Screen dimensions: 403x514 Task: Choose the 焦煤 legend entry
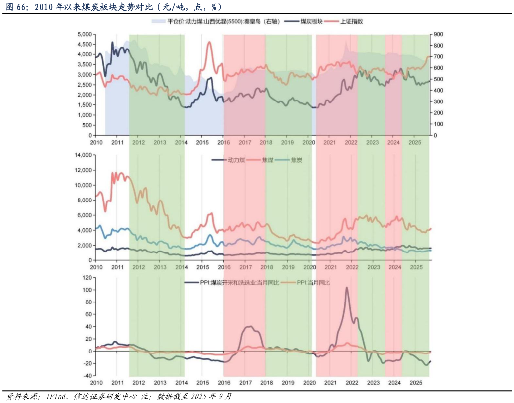coord(268,160)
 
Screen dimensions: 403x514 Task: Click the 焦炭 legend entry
coord(297,160)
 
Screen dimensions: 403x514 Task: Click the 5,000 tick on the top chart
coord(85,34)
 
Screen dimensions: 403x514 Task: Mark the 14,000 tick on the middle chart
coord(83,155)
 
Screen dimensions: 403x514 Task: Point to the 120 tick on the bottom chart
coord(87,277)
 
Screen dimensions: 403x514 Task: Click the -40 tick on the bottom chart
coord(87,376)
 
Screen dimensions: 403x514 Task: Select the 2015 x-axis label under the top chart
coord(202,143)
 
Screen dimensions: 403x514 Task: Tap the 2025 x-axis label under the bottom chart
coord(416,383)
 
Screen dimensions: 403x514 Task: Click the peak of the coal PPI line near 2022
coord(347,288)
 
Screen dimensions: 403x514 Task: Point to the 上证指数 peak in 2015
coord(209,42)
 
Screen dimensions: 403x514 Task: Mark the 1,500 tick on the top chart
coord(85,105)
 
